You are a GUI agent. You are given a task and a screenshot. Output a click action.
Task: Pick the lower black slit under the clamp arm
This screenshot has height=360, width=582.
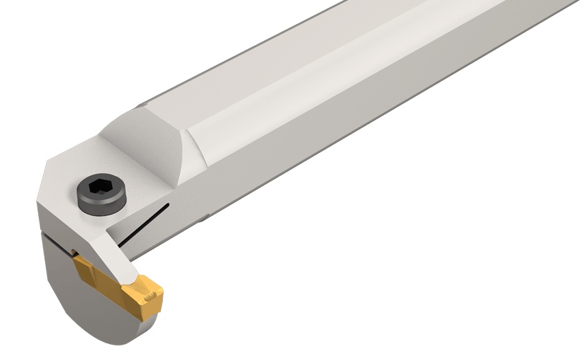coord(128,242)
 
